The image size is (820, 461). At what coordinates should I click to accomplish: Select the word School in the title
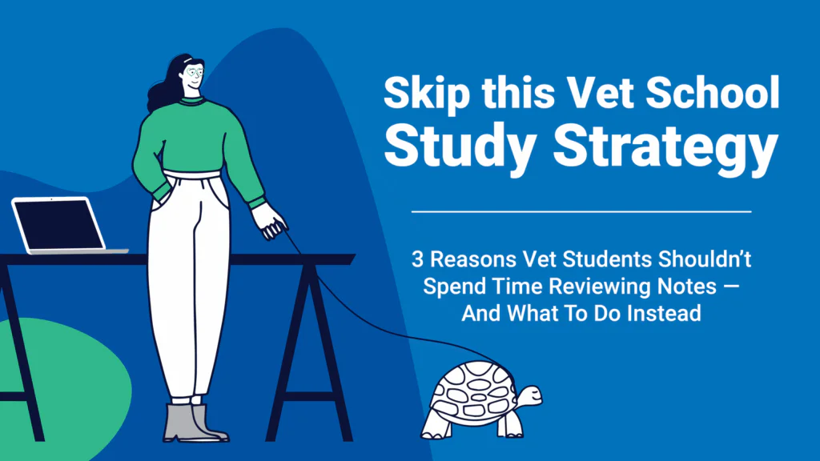click(x=712, y=93)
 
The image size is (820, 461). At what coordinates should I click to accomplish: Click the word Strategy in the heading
click(x=665, y=146)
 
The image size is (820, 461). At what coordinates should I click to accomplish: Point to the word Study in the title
click(x=460, y=146)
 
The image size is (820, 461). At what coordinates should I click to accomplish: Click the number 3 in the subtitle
click(x=416, y=259)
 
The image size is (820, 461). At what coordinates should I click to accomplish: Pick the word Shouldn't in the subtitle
click(x=705, y=259)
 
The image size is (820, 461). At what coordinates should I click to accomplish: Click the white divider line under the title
click(x=581, y=211)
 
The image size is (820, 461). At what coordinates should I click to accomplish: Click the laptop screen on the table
click(x=58, y=225)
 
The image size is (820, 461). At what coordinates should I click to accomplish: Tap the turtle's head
click(x=529, y=396)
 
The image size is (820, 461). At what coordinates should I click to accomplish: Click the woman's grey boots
click(x=195, y=423)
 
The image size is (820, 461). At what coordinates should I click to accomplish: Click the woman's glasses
click(x=194, y=72)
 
